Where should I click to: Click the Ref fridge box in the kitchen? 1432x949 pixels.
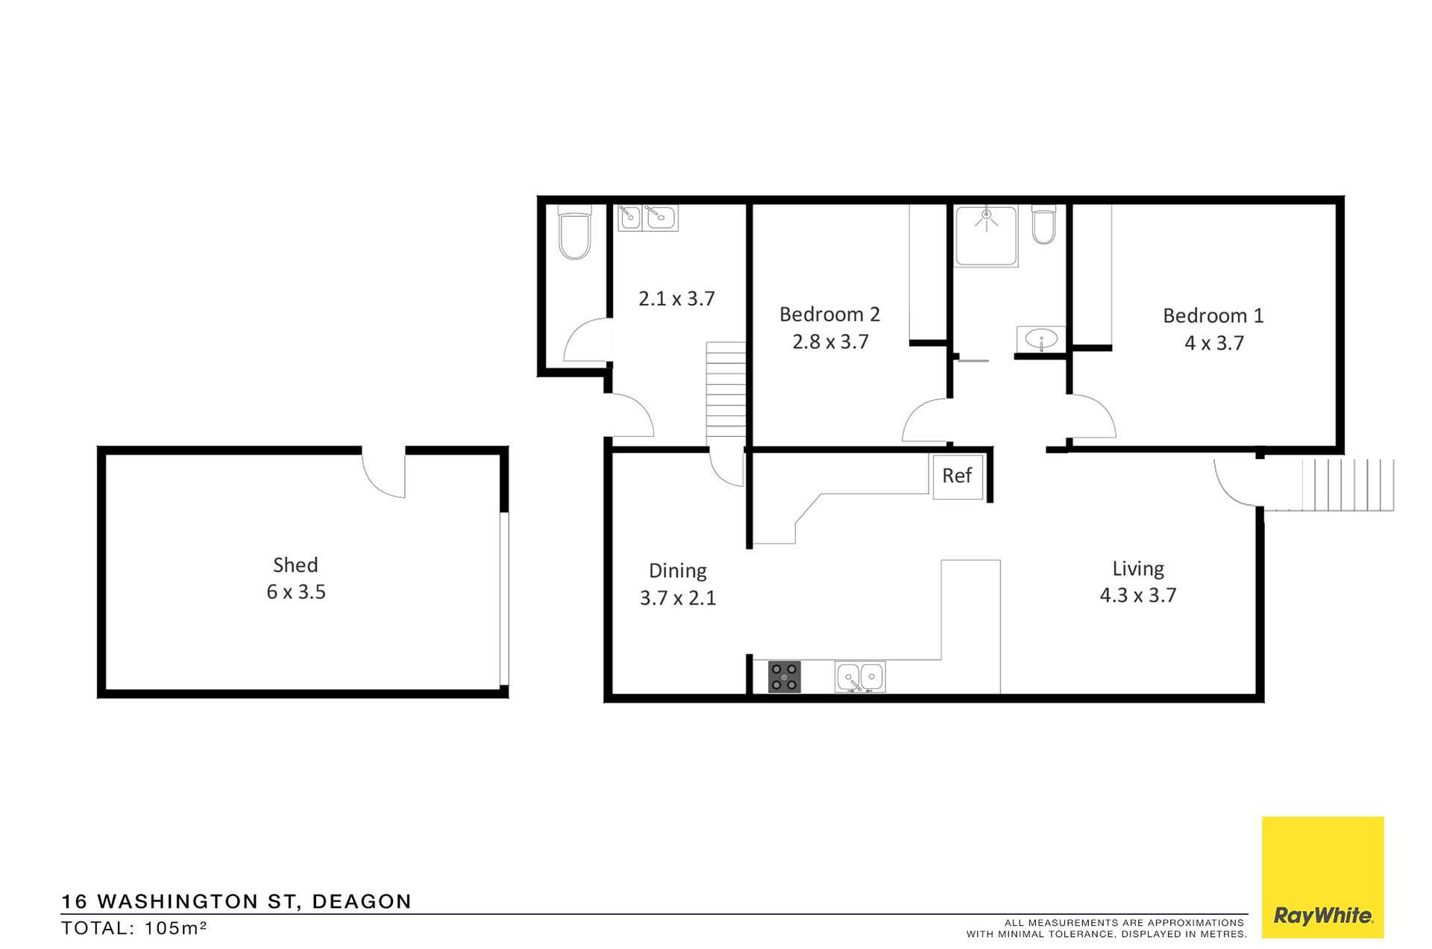[958, 476]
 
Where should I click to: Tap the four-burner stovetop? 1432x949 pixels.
[784, 677]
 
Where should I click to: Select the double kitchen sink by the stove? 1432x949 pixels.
[860, 677]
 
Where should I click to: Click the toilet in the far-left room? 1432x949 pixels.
[574, 232]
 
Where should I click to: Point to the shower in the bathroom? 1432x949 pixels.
[986, 236]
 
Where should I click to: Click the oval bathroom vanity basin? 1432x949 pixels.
[1041, 340]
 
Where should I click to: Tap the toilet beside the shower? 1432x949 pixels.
[1044, 225]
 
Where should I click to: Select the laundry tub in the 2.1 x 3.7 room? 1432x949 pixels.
[648, 218]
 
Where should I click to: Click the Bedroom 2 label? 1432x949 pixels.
[829, 315]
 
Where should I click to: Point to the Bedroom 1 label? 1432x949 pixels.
[1213, 316]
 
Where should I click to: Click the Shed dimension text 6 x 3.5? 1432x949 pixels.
[296, 592]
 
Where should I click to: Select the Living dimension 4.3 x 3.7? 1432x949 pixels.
[1138, 595]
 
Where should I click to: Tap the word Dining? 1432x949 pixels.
[678, 571]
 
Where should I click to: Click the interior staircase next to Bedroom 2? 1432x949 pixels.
[726, 389]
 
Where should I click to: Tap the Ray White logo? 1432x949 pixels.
[1322, 877]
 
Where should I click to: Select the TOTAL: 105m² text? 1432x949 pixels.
[134, 928]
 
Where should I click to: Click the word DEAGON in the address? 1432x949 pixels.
[362, 902]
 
